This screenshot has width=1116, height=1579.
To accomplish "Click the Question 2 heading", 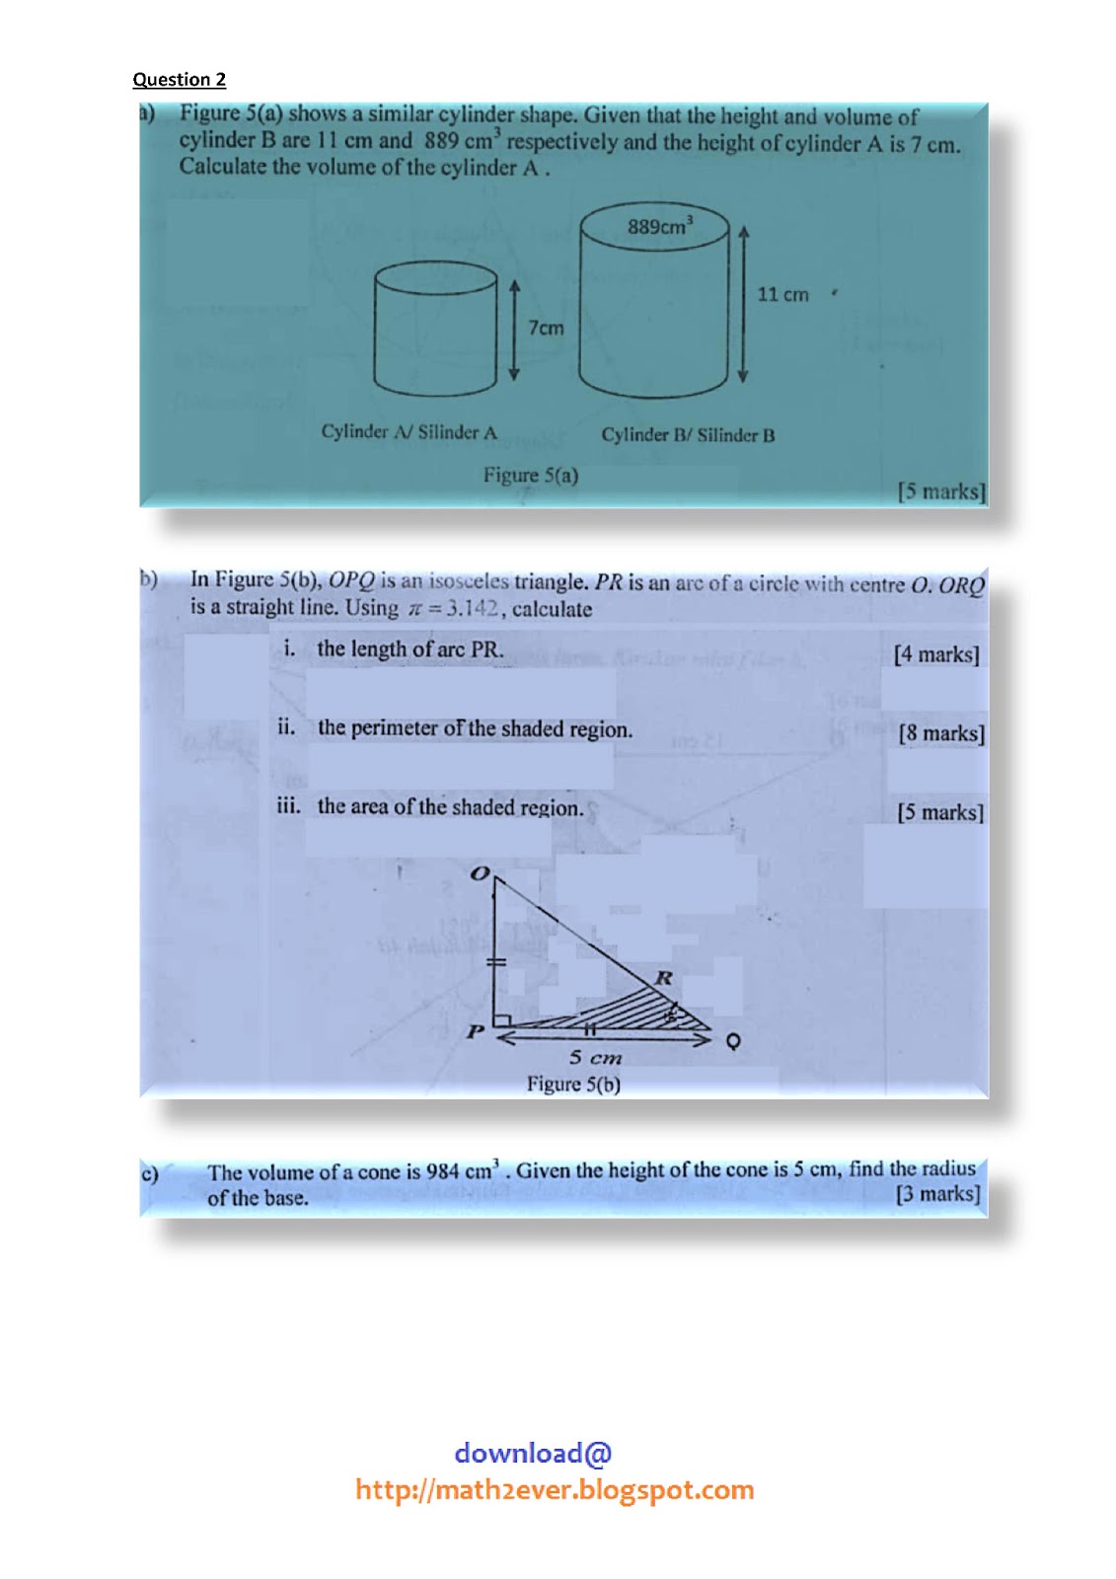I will click(x=179, y=79).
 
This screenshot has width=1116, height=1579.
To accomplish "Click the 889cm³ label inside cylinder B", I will click(x=660, y=226).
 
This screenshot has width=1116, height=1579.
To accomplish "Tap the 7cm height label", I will click(x=546, y=328).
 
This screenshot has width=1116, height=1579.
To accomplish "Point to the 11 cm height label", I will click(x=782, y=294).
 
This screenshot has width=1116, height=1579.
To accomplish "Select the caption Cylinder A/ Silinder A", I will click(x=409, y=431).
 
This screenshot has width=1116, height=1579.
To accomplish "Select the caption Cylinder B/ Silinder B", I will click(x=688, y=434).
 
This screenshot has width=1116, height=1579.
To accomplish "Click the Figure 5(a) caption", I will click(x=530, y=475).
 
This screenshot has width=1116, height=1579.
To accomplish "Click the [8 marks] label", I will click(x=940, y=733).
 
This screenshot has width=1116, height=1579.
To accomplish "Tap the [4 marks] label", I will click(x=935, y=654).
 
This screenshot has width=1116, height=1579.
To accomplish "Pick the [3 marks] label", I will click(x=937, y=1194).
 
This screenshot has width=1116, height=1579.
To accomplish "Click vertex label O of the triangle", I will click(x=480, y=873).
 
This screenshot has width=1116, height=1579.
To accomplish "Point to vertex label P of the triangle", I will click(x=476, y=1031).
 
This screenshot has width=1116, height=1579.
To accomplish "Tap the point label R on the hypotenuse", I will click(x=664, y=977).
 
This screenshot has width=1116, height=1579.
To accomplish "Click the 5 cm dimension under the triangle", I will click(x=595, y=1058).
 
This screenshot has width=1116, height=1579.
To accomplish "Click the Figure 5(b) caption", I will click(x=572, y=1084).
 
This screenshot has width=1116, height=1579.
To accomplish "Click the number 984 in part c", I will click(x=442, y=1171).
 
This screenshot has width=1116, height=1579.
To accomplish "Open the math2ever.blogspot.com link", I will click(x=555, y=1489).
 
